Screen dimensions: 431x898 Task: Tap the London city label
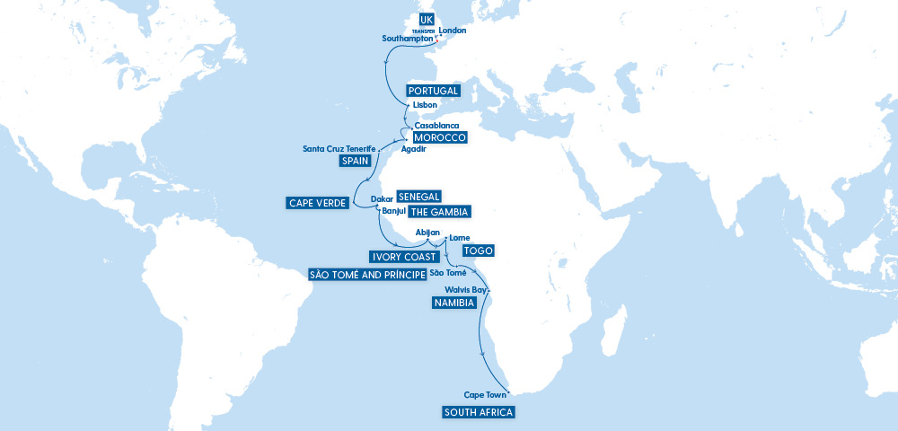tap(453, 30)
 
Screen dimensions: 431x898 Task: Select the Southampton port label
tap(407, 40)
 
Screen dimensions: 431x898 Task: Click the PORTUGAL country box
tap(434, 91)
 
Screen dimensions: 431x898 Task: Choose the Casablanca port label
tap(437, 126)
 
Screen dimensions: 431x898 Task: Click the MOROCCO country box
tap(439, 137)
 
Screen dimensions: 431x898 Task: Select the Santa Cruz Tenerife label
tap(339, 148)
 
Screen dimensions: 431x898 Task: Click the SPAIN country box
tap(355, 161)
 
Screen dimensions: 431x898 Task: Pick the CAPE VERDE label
tap(318, 203)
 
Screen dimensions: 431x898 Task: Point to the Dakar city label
tap(382, 198)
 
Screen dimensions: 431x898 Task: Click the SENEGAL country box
tap(418, 198)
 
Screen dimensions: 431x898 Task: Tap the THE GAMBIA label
tap(439, 212)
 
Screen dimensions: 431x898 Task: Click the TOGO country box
tap(479, 250)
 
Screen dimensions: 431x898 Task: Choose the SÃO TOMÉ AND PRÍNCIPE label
tap(366, 274)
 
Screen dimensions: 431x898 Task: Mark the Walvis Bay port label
tap(466, 291)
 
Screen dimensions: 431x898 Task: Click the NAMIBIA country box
tap(453, 303)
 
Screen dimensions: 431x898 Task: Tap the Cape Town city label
tap(485, 395)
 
